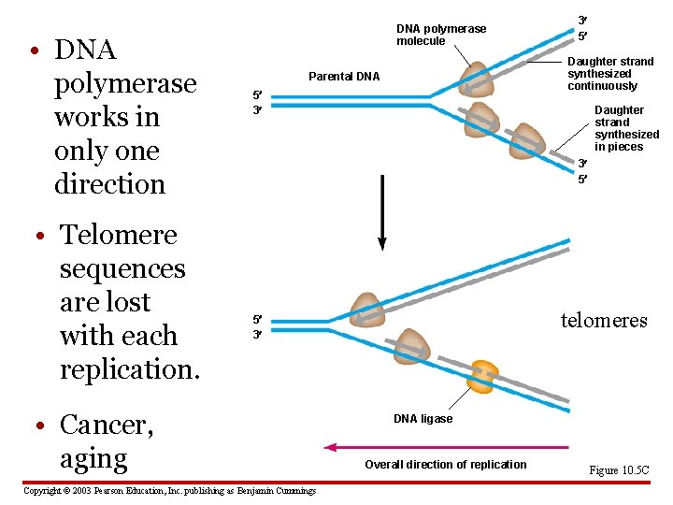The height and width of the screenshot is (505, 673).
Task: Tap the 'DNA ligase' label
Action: (422, 419)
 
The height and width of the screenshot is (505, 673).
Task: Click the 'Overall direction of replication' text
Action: (445, 465)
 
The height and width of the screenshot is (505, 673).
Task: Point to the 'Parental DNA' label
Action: (344, 77)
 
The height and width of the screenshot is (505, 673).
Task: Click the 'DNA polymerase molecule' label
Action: (441, 35)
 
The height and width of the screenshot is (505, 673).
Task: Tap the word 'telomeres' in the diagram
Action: (603, 321)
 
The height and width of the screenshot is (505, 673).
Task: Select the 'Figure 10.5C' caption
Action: (618, 470)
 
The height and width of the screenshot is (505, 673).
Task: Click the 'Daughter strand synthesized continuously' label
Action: (610, 74)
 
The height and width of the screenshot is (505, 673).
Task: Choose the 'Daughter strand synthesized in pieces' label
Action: (626, 128)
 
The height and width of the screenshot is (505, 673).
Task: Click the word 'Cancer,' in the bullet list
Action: (106, 425)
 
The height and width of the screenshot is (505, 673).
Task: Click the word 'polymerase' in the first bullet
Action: (125, 83)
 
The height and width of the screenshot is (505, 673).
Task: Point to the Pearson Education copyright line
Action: (169, 491)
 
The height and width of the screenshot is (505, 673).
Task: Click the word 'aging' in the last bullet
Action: (93, 458)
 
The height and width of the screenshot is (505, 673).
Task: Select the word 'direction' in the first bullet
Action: (109, 184)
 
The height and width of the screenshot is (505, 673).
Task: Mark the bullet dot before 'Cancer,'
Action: (33, 426)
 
